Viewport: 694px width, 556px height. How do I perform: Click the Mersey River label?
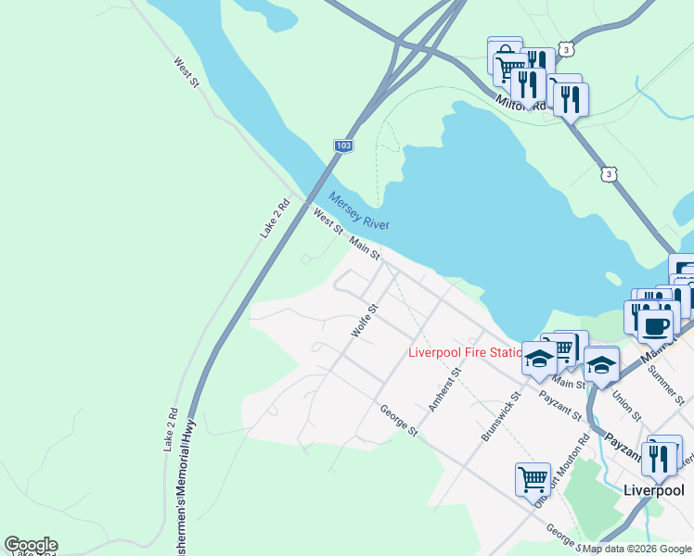[x=359, y=211]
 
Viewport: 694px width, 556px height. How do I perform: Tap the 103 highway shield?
[x=343, y=146]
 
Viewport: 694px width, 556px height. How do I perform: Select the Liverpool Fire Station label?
[x=466, y=352]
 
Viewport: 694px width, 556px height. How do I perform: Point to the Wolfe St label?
[x=365, y=320]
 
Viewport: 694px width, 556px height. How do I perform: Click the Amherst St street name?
[x=444, y=388]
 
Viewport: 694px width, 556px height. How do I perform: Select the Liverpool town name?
[x=653, y=490]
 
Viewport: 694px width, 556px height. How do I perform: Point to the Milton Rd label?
[x=520, y=103]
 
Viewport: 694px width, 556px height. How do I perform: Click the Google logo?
[x=31, y=545]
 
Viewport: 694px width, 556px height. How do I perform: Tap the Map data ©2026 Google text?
[x=636, y=549]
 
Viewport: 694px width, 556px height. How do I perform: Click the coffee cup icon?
[x=657, y=326]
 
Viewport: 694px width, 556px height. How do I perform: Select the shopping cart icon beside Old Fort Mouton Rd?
[x=533, y=479]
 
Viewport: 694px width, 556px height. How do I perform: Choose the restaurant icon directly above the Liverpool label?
[x=660, y=456]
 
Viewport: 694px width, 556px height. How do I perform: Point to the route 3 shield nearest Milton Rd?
[x=565, y=49]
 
